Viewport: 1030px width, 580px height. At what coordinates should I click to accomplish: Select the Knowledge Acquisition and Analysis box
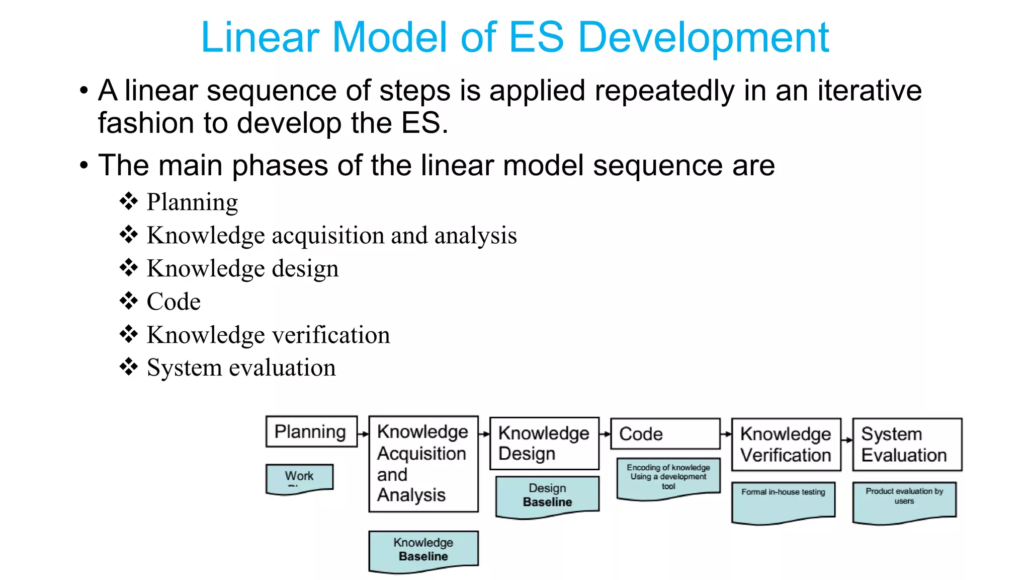(423, 464)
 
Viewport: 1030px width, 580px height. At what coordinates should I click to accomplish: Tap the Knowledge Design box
(544, 444)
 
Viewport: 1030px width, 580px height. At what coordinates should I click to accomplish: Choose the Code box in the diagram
(665, 433)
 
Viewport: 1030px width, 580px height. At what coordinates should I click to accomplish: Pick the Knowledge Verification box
(786, 445)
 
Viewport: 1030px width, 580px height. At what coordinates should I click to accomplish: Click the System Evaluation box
(907, 445)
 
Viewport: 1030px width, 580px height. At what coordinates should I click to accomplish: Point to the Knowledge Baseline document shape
(423, 550)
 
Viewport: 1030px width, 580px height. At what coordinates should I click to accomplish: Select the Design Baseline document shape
(547, 495)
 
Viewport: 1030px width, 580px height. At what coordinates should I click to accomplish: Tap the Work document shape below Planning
(299, 478)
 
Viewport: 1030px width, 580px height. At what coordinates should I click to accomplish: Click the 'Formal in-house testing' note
(783, 501)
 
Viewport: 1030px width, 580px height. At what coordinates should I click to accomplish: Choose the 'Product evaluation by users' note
(904, 501)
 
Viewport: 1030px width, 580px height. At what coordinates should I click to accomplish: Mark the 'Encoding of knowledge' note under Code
(668, 477)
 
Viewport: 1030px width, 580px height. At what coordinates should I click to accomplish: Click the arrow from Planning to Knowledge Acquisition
(363, 433)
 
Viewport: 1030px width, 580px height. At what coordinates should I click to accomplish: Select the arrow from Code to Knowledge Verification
(726, 433)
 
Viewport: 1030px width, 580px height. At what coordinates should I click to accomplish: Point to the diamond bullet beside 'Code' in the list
(129, 301)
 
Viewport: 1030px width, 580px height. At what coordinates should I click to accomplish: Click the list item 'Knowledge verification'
(268, 335)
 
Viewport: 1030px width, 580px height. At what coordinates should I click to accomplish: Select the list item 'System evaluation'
(241, 368)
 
